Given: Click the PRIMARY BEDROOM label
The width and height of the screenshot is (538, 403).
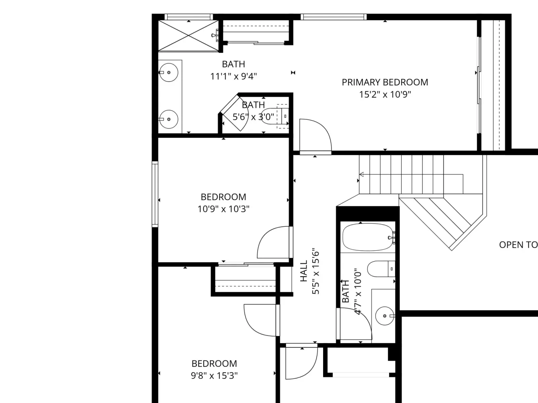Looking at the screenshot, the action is coord(385,82).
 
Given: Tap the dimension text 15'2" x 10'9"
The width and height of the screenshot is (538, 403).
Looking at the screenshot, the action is coord(385,94).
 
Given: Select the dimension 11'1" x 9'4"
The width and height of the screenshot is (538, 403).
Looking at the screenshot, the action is coord(234,76).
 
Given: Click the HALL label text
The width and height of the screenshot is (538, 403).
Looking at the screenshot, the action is coord(304,271).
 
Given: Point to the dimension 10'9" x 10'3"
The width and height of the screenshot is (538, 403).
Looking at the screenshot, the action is coord(224,209).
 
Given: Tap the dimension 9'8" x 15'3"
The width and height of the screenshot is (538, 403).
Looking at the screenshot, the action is coord(214,375).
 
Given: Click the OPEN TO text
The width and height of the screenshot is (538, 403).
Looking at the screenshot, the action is coord(518,245).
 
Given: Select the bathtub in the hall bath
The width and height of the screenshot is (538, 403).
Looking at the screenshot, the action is coord(368,237).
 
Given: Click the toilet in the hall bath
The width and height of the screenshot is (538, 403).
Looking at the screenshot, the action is coord(381,269).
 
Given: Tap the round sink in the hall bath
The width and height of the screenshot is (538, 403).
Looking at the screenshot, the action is coord(385,316).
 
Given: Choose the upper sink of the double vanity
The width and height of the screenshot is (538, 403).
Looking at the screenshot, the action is coord(169,73).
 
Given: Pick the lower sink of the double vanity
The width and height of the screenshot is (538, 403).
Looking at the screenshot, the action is coord(169,119).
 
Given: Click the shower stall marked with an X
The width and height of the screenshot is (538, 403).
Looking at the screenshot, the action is coord(188,36).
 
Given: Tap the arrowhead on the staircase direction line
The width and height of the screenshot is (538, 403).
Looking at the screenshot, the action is coord(361,174).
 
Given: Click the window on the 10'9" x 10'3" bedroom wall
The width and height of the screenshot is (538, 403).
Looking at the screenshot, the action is coord(155,194).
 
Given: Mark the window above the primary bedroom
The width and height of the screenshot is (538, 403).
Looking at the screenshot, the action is coord(334,17).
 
